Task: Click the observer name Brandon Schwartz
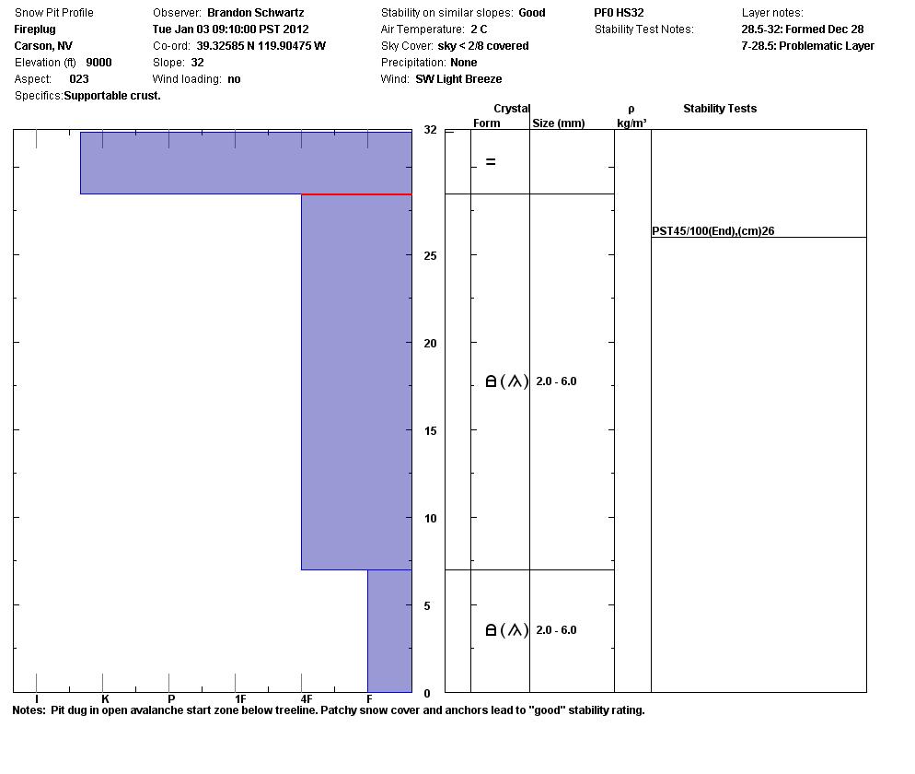point(255,13)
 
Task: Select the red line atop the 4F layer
point(356,194)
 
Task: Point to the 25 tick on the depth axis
point(430,256)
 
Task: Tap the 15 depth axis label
point(430,431)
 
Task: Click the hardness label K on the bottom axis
point(105,699)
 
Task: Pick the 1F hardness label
point(239,699)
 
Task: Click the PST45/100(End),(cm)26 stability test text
point(712,231)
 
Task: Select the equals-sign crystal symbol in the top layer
point(491,162)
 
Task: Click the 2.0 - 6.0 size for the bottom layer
point(556,630)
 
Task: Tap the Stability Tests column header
point(719,109)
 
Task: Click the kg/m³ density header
point(631,123)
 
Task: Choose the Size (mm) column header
point(558,123)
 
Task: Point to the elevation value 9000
point(98,63)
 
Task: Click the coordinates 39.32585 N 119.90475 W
point(261,46)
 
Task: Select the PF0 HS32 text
point(619,13)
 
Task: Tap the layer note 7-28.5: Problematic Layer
point(807,46)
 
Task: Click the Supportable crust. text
point(112,96)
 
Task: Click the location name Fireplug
point(35,29)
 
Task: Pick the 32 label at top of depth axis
point(430,131)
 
